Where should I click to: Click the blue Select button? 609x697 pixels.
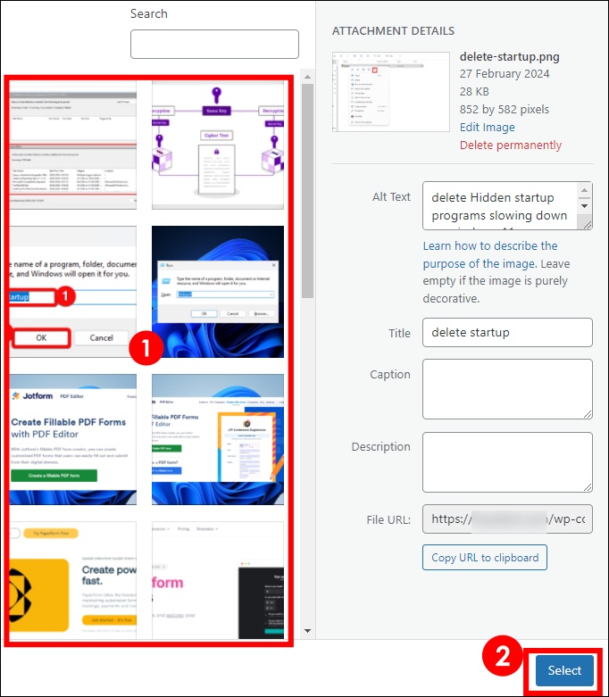564,670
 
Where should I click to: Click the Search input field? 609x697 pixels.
214,44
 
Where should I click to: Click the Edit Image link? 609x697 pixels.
488,127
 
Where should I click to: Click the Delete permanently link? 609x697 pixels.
511,145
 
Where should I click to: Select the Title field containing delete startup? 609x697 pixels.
507,332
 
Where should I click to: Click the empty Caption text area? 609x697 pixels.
507,389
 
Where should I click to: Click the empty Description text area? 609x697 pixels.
507,461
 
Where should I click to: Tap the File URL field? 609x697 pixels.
507,519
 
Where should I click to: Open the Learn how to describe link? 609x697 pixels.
490,245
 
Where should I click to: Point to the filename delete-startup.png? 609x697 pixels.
509,56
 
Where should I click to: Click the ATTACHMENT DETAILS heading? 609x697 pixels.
393,31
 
